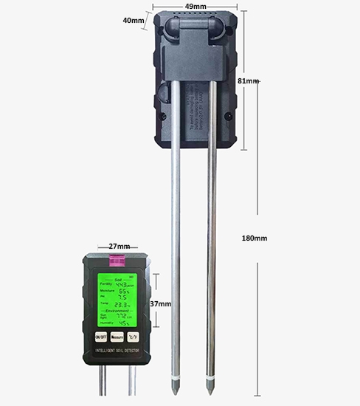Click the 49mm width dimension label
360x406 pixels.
[x=195, y=6]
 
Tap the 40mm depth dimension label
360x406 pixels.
[x=133, y=21]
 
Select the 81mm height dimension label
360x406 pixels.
[x=249, y=80]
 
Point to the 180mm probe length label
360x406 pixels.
[x=255, y=238]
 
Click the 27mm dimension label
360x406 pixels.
[x=119, y=247]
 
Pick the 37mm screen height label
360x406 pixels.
[x=160, y=303]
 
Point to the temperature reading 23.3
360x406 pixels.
[x=122, y=304]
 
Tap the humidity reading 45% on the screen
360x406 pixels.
[x=125, y=323]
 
